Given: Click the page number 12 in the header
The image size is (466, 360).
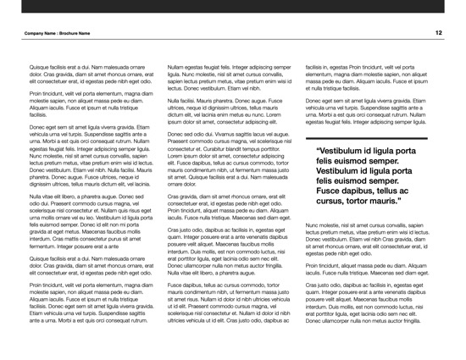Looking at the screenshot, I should click(439, 32).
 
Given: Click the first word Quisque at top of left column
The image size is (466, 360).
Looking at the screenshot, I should click(42, 65).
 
